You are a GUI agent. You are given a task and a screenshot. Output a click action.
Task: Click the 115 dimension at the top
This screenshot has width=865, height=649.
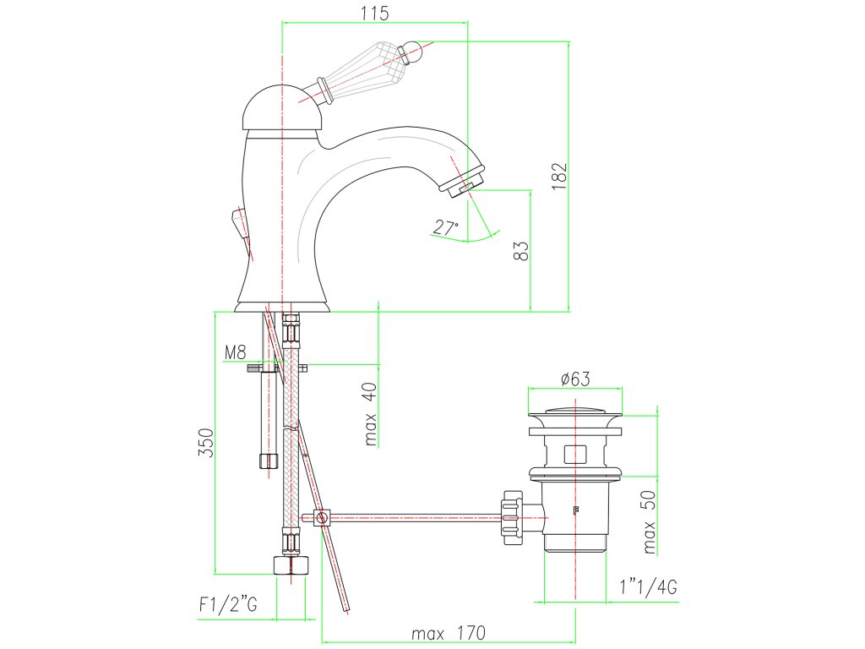point(375,13)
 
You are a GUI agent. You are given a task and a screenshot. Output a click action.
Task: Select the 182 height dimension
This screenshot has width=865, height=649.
point(559,177)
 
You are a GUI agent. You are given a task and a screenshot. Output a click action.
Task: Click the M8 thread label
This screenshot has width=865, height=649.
point(235,352)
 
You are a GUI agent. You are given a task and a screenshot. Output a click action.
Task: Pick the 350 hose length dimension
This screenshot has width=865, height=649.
point(206,443)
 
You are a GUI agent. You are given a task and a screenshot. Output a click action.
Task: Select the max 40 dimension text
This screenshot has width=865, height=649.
point(371,414)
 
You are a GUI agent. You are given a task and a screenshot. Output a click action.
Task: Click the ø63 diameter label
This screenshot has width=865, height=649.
point(574,379)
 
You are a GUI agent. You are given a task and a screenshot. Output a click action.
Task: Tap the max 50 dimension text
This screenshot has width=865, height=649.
point(650,521)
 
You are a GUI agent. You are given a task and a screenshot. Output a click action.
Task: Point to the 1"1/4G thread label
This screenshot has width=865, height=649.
point(648,587)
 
